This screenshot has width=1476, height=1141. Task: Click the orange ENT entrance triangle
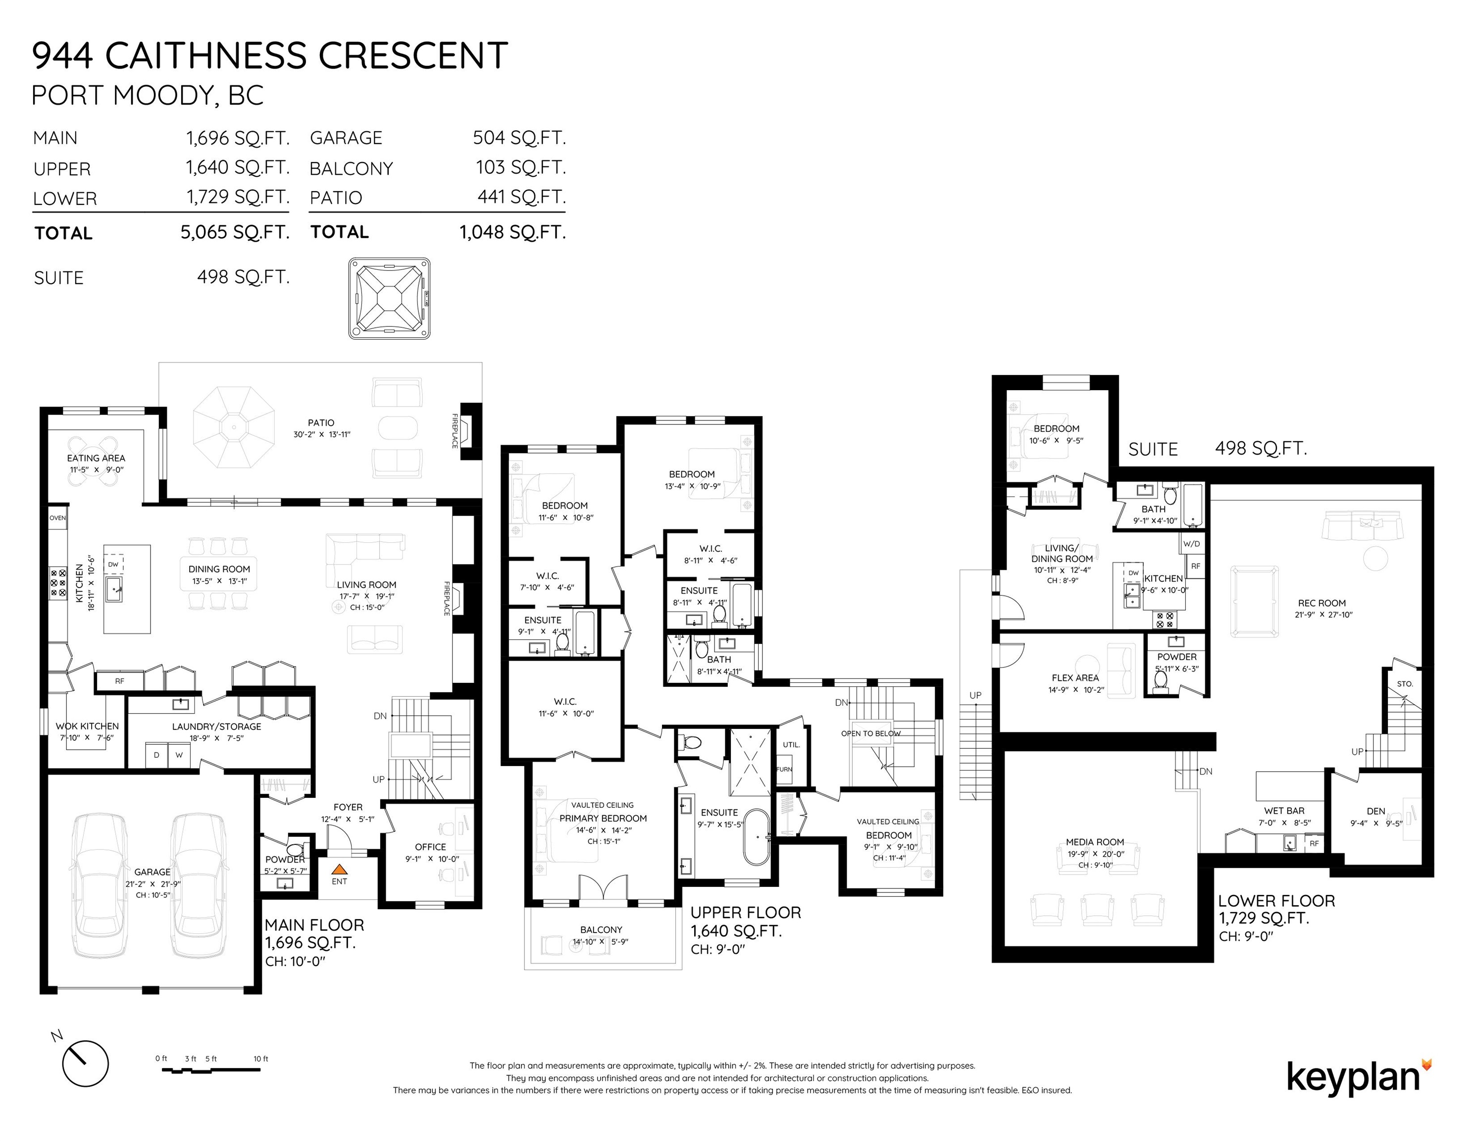[339, 871]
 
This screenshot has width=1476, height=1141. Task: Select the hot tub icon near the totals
[389, 298]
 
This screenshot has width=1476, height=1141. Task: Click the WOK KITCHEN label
[87, 726]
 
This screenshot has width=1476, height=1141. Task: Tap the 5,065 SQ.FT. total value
[235, 232]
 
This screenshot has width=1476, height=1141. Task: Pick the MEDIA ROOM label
[1095, 841]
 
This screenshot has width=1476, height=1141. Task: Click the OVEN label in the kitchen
[57, 518]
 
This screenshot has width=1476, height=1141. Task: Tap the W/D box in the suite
[1191, 543]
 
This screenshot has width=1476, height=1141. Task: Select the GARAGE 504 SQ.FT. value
[519, 138]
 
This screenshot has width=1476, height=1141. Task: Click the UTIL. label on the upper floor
[791, 744]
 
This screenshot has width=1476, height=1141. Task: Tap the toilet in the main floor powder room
[295, 848]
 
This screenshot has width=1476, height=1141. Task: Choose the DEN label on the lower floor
[1375, 811]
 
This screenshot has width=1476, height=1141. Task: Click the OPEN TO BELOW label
[870, 733]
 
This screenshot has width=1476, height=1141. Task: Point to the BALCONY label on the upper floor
[601, 930]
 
